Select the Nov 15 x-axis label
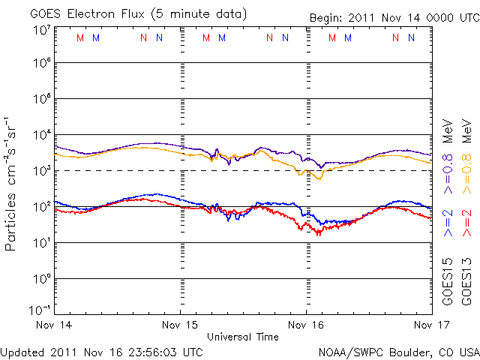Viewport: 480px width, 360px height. pos(181,325)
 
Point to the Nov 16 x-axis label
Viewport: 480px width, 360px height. pos(306,325)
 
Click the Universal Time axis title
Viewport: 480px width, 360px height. pos(243,337)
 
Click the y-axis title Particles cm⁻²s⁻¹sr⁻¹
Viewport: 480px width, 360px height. pos(13,182)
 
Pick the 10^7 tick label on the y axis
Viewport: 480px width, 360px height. pos(40,31)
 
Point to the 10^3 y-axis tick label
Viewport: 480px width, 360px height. pos(40,170)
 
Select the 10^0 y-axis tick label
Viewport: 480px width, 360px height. pos(40,278)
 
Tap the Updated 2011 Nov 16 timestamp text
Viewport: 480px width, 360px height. pos(101,351)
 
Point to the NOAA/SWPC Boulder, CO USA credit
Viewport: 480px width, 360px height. pos(397,351)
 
